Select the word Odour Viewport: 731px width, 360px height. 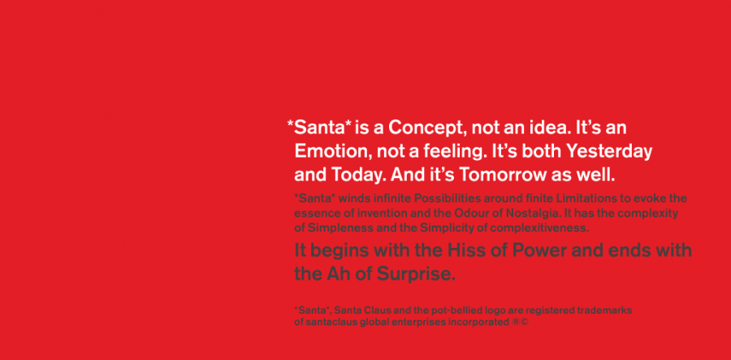pyautogui.click(x=468, y=214)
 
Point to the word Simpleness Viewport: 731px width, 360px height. pyautogui.click(x=341, y=228)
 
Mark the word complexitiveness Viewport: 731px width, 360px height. pyautogui.click(x=539, y=228)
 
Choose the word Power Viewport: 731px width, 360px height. pyautogui.click(x=539, y=250)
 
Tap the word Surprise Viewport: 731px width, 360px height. pyautogui.click(x=415, y=275)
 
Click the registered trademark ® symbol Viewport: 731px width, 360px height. pyautogui.click(x=516, y=323)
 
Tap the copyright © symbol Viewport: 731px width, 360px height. pyautogui.click(x=525, y=323)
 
